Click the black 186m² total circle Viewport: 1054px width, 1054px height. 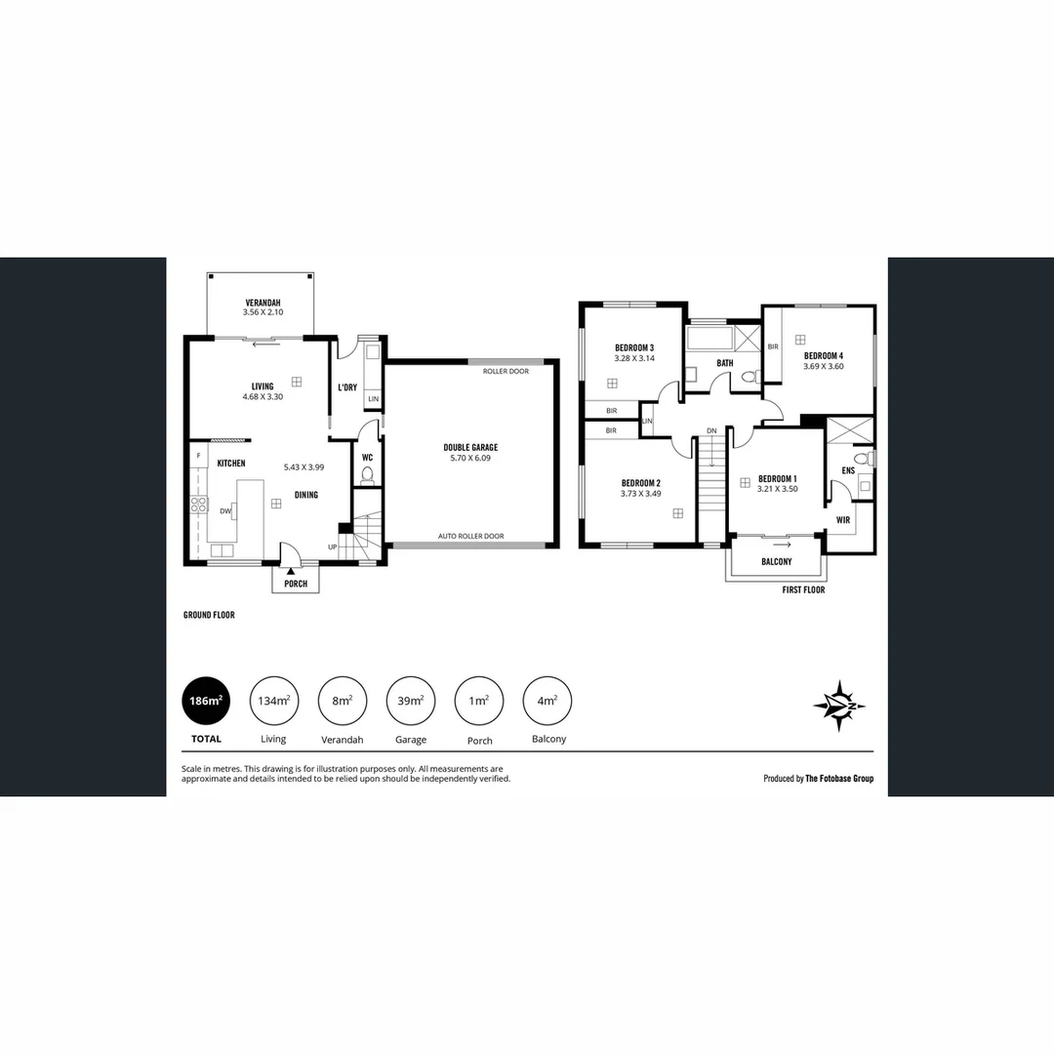[206, 701]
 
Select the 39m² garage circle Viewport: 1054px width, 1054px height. [411, 701]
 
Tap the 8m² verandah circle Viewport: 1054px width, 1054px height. [343, 701]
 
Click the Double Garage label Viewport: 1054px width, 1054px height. [470, 448]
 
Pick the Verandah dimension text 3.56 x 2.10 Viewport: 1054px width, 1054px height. [263, 312]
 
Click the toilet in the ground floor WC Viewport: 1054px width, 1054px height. [367, 475]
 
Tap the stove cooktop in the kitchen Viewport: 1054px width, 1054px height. [198, 505]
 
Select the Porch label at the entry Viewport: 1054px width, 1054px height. [296, 584]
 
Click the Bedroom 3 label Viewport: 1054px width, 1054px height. [633, 348]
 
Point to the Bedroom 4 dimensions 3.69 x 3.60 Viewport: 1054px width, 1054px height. [823, 367]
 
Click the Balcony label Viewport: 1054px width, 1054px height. [776, 562]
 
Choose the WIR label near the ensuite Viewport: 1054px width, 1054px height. [842, 520]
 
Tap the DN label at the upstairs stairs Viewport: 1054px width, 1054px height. [711, 430]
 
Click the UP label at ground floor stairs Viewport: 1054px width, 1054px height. [332, 547]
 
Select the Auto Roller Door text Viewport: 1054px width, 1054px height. [470, 536]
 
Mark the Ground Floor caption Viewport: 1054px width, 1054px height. [209, 616]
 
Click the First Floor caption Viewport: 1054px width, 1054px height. [803, 590]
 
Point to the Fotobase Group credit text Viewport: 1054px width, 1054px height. [818, 779]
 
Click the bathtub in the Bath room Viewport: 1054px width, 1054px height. [708, 340]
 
